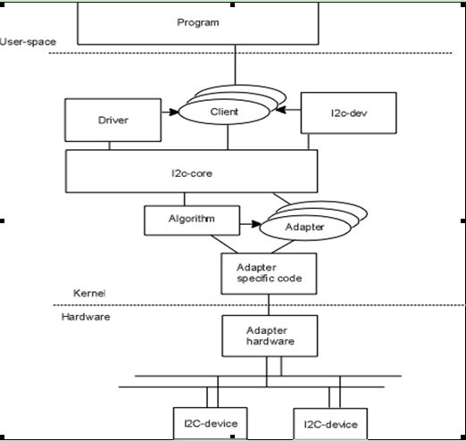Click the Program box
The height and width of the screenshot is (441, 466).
click(x=198, y=23)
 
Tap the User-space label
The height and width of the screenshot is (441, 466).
click(x=28, y=42)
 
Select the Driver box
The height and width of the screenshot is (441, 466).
click(x=113, y=121)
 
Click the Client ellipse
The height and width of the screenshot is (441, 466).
click(x=224, y=112)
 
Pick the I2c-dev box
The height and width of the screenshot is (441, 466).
click(x=348, y=113)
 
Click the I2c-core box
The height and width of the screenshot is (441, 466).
click(x=191, y=171)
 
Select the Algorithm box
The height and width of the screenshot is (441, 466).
click(x=192, y=220)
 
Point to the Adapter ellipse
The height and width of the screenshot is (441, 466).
click(x=305, y=228)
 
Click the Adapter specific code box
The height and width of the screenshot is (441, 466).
click(x=269, y=274)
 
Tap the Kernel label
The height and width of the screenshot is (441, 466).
click(x=89, y=294)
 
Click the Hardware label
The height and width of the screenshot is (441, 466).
click(x=86, y=317)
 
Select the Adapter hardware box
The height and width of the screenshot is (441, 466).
click(x=270, y=336)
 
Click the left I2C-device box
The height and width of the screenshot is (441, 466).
click(x=210, y=423)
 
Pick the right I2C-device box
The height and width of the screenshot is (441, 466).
click(x=330, y=424)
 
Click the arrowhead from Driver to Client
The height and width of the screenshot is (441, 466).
click(x=174, y=112)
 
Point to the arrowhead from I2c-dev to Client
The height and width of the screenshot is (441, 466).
click(x=280, y=110)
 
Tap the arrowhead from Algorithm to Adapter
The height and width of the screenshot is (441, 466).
click(x=256, y=224)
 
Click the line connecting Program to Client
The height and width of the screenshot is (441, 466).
click(x=235, y=65)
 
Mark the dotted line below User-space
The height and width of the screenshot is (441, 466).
click(x=250, y=54)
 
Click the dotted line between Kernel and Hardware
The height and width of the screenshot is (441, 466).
click(x=259, y=305)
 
